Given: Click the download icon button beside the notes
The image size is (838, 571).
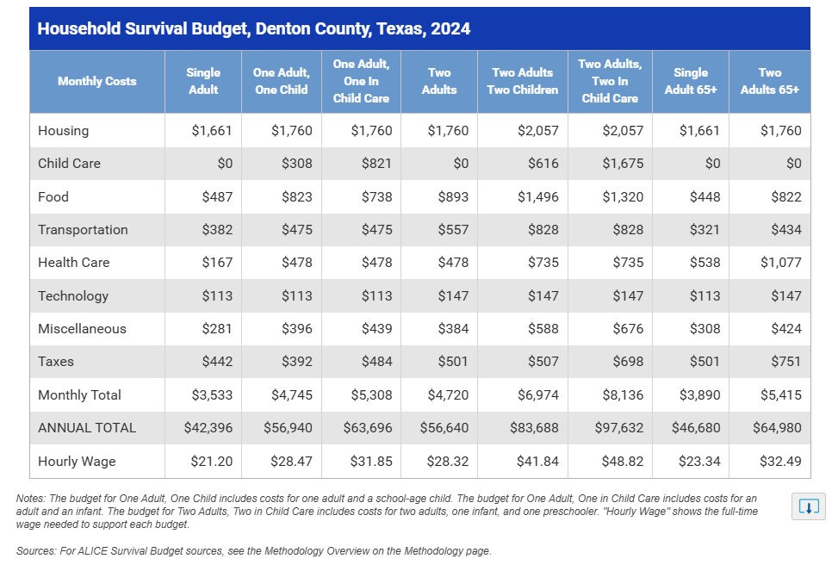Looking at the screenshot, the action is pos(808,506).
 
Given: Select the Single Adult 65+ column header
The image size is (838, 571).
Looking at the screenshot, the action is pos(691,81).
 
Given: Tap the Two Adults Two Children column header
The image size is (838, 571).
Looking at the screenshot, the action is pos(522,81).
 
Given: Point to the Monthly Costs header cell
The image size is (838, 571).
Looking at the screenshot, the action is pos(96,81).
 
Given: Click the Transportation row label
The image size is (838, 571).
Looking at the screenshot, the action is pos(83,230).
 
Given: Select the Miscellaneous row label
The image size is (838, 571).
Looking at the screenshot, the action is pos(82,329).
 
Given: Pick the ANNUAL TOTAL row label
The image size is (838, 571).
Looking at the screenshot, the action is pos(87,428).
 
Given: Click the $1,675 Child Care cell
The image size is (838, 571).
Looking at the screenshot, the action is pos(623,164).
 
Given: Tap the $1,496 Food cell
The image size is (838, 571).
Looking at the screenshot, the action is pos(537,196).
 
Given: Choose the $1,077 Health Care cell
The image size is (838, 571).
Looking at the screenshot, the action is pos(781,263).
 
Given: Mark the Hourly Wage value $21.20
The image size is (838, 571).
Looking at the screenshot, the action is pos(212,462).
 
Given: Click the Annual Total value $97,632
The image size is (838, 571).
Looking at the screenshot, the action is pos(619,428).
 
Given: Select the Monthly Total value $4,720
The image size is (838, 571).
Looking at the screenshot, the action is pos(448,395).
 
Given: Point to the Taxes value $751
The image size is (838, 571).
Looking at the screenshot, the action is pos(785,362).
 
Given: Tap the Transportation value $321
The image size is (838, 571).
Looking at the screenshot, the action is pos(705,230).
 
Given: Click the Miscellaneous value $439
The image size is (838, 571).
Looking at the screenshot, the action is pos(376,329).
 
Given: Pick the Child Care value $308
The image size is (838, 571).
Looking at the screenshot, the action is pos(296,164).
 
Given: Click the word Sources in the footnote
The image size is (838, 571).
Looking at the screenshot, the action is pos(34,550).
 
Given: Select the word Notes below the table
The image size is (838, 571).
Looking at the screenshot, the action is pos(30,499).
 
